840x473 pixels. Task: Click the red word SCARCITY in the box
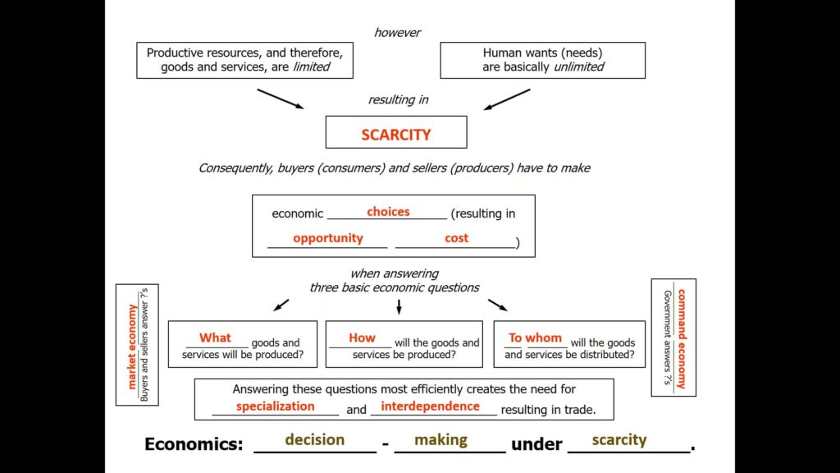pos(396,134)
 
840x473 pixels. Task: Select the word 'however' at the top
pos(398,33)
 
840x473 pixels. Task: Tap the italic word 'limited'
pos(311,67)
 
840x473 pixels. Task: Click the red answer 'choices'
pos(388,212)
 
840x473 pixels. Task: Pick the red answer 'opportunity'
pos(327,238)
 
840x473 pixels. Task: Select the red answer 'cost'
pos(456,238)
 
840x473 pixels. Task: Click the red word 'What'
pos(215,338)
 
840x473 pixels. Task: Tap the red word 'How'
pos(362,338)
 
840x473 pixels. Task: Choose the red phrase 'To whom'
pos(535,338)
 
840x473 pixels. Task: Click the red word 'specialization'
pos(275,406)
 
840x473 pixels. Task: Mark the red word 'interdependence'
pos(430,406)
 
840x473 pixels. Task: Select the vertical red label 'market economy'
pos(132,346)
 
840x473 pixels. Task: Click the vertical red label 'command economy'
pos(681,338)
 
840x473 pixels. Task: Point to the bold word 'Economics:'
pos(194,444)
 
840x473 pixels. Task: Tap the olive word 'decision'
pos(314,439)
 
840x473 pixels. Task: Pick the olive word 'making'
pos(441,439)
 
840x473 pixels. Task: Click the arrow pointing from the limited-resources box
pos(280,99)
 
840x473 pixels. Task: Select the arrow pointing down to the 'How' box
pos(399,306)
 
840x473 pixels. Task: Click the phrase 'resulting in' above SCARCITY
pos(398,99)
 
